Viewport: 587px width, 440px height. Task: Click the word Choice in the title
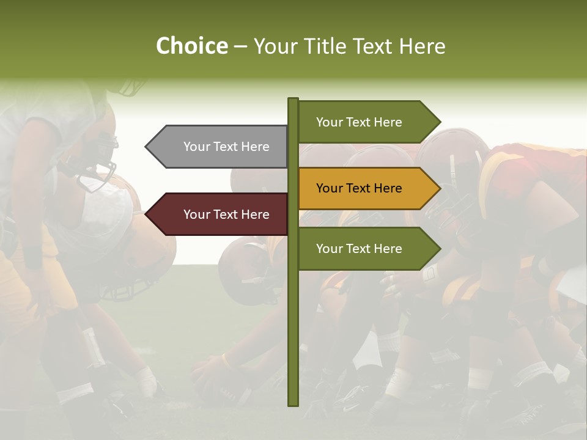[191, 46]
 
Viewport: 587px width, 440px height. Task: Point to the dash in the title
[240, 46]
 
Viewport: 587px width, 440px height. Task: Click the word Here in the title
[422, 46]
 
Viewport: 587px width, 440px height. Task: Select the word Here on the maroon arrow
[255, 215]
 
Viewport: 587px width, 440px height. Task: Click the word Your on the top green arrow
[329, 122]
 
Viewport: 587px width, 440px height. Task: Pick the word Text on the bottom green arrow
[359, 249]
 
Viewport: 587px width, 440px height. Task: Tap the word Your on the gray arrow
[196, 147]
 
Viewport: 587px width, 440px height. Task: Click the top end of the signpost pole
[293, 100]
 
